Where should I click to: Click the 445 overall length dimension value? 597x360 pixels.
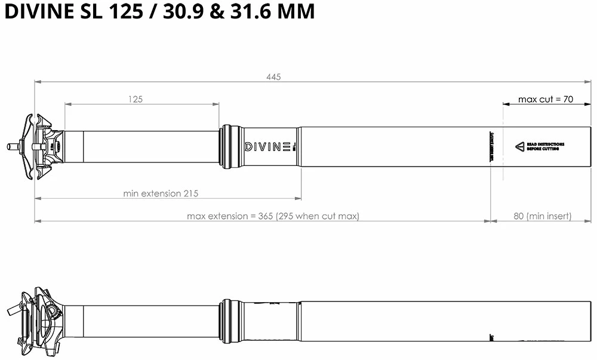pyautogui.click(x=273, y=77)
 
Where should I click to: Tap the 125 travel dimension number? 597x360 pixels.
pyautogui.click(x=136, y=100)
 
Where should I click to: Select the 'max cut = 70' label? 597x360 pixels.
pyautogui.click(x=546, y=99)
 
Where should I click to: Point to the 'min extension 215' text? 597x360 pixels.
pyautogui.click(x=161, y=193)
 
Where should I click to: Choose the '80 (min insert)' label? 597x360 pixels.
pyautogui.click(x=543, y=216)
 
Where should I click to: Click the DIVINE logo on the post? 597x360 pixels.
pyautogui.click(x=268, y=146)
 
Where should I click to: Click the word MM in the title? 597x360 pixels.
pyautogui.click(x=294, y=12)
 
